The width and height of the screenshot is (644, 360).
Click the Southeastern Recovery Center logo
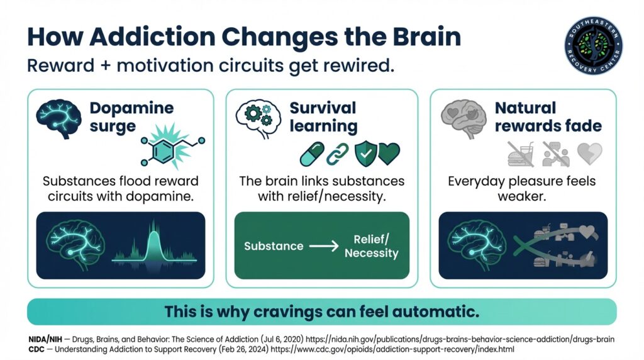point(593,46)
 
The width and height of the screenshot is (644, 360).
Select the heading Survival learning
point(323,116)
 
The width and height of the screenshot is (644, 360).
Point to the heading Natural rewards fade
point(548,116)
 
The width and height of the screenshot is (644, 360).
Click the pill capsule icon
point(313,154)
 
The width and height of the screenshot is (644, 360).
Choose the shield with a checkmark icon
point(365,154)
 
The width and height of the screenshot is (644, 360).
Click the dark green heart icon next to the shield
point(389,154)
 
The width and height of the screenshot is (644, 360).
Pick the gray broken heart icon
point(589,154)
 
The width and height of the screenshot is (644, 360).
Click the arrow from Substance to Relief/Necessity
point(324,246)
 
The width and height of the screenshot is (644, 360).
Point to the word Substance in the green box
point(274,246)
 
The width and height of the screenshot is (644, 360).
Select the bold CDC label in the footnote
point(38,348)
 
